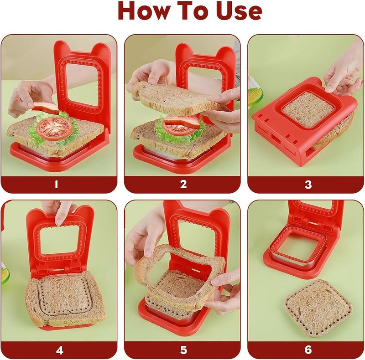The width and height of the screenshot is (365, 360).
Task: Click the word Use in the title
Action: pyautogui.click(x=239, y=11)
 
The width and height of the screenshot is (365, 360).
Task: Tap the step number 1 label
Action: pyautogui.click(x=56, y=185)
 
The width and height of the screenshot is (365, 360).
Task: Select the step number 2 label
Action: pyautogui.click(x=183, y=185)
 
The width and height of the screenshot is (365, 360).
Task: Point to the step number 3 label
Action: pyautogui.click(x=308, y=185)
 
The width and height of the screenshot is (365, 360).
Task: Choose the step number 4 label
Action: pyautogui.click(x=60, y=350)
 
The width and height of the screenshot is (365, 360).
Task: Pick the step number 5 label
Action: pyautogui.click(x=183, y=350)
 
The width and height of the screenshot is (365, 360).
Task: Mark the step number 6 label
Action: pyautogui.click(x=308, y=350)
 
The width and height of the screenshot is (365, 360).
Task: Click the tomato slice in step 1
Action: pyautogui.click(x=54, y=128)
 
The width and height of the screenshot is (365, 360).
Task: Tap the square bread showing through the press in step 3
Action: pyautogui.click(x=308, y=110)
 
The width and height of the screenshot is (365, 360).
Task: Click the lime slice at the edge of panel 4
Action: pyautogui.click(x=5, y=276)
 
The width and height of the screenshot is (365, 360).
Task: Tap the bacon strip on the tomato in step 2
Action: pyautogui.click(x=182, y=122)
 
